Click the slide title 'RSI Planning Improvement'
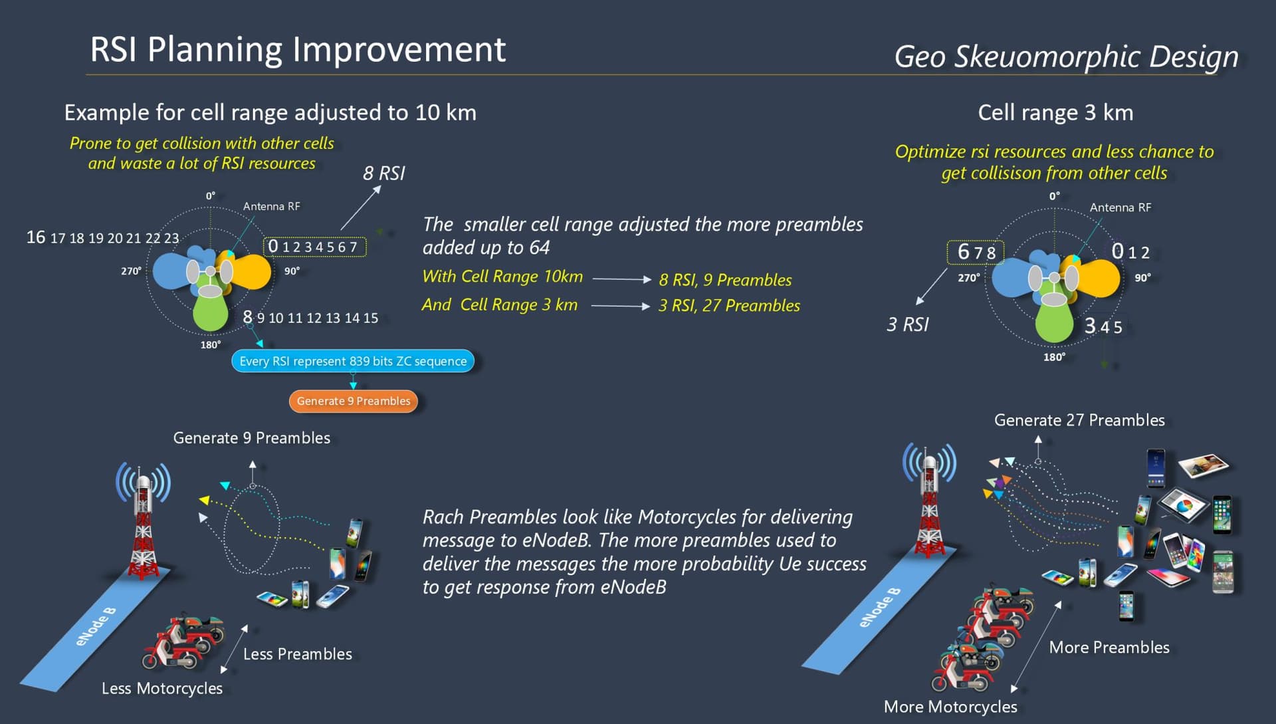pos(298,50)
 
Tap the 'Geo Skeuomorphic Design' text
pos(1066,57)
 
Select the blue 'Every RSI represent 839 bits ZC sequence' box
pos(353,361)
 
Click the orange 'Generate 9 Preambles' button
pos(354,401)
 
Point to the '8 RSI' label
pos(383,174)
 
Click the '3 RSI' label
pos(908,324)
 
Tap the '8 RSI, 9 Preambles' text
pos(725,280)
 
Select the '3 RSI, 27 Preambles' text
pos(729,305)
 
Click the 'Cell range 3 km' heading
pos(1055,112)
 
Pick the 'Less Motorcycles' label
pos(162,688)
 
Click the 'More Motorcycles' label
pos(950,707)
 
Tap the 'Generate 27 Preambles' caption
pos(1079,420)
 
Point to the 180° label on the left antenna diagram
pos(211,344)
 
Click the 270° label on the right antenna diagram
pos(968,278)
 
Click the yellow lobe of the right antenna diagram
pos(1099,277)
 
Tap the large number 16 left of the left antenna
pos(36,237)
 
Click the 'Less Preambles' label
pos(298,654)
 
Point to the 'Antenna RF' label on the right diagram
pos(1120,207)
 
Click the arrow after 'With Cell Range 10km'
pos(621,279)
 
